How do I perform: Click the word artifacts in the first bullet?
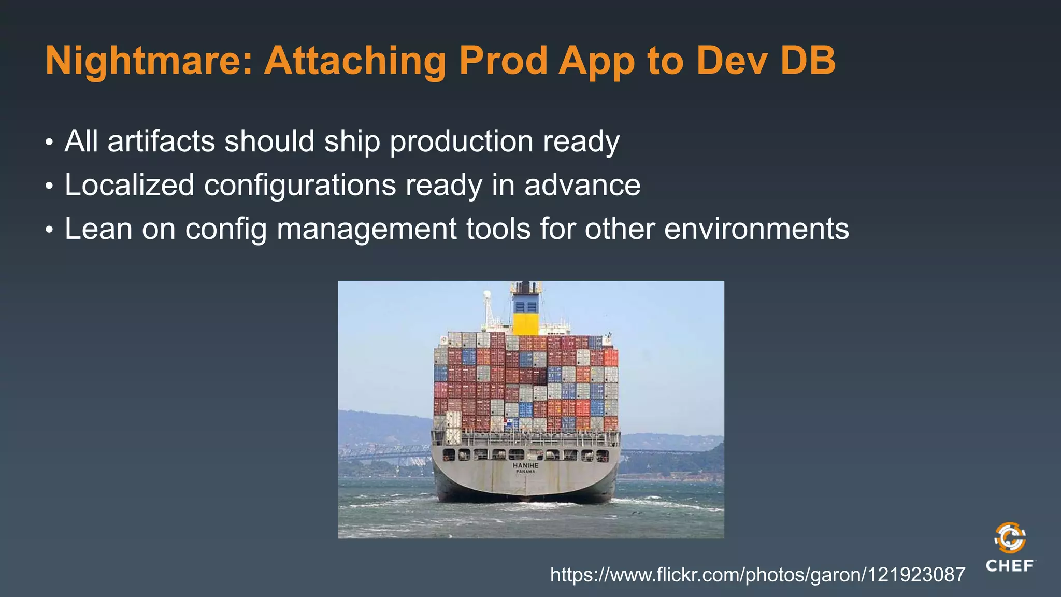161,141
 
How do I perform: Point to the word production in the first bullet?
461,141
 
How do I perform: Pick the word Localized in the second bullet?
130,185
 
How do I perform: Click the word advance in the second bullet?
582,185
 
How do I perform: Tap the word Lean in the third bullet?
98,229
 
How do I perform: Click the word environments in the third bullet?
756,229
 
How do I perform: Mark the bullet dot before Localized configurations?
49,186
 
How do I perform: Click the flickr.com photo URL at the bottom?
757,575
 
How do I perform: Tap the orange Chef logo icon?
1010,538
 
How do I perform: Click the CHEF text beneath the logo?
1010,565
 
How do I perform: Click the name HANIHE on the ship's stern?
525,465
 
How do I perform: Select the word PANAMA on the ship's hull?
525,472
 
